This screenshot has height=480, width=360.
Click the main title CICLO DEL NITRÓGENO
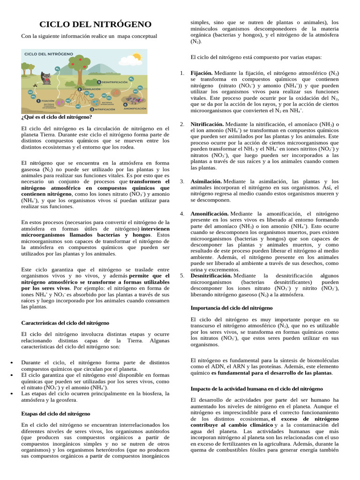(x=95, y=24)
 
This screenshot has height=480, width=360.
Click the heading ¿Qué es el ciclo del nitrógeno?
(x=57, y=117)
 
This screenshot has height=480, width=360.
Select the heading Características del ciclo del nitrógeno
(x=66, y=323)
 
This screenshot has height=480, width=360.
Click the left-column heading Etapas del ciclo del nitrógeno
(x=56, y=414)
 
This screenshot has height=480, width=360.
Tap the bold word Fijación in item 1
(x=201, y=73)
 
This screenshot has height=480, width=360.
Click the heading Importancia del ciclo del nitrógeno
(x=231, y=308)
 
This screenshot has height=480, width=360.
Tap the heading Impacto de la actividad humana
(x=256, y=389)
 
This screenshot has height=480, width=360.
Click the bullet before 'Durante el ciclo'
(x=11, y=363)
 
